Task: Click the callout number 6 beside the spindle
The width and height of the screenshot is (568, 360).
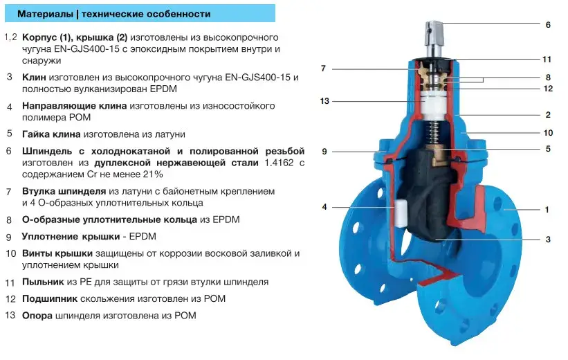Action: [548, 25]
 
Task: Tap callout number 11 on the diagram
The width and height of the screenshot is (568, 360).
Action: [547, 59]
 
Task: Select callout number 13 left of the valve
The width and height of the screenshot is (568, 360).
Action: [324, 101]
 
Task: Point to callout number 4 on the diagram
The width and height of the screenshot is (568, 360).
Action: [324, 207]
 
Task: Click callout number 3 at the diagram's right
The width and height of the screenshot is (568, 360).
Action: [548, 240]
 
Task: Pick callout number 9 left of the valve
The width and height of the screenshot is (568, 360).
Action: [324, 152]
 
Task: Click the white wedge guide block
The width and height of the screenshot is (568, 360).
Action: [400, 213]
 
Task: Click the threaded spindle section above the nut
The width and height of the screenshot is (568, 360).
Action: [433, 132]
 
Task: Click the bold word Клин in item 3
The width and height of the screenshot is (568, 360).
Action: [34, 78]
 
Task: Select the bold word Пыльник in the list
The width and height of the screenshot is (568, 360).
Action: [43, 282]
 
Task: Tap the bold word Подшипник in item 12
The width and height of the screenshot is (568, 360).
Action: [50, 299]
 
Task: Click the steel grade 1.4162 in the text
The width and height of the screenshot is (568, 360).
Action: [279, 163]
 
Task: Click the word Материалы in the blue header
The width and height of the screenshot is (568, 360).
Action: [45, 14]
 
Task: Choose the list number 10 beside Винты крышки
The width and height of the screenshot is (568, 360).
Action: [11, 253]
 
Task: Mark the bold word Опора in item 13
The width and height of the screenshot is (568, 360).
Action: [37, 316]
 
